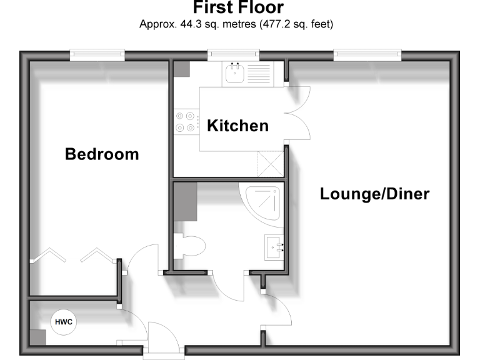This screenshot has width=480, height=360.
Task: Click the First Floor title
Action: click(x=237, y=8)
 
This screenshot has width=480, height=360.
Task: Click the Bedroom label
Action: click(x=102, y=154)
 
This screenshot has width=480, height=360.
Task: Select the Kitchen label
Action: click(x=237, y=126)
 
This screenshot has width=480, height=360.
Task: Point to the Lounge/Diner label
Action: click(x=374, y=194)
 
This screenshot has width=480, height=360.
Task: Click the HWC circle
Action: click(x=62, y=322)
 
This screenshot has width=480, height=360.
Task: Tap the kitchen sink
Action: click(x=234, y=76)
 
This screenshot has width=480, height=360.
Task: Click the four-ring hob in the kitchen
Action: click(x=185, y=121)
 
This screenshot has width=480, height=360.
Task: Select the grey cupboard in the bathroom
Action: click(x=185, y=200)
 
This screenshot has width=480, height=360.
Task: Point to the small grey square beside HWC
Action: click(x=37, y=337)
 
